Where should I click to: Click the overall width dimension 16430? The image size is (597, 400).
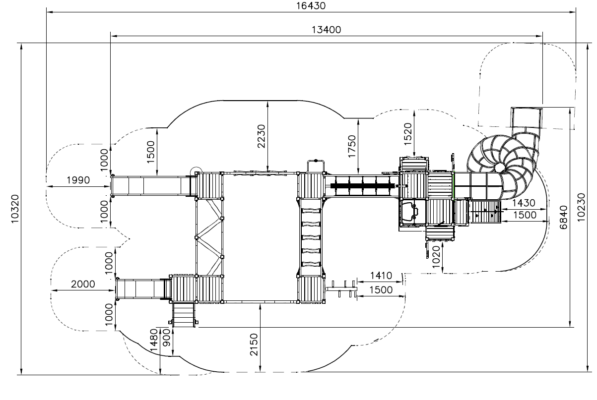tap(311, 5)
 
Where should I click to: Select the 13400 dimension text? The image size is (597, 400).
tap(326, 30)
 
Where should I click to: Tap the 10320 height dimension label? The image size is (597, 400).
tap(15, 209)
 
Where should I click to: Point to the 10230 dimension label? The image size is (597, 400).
tap(581, 207)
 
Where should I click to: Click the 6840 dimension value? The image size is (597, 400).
tap(563, 217)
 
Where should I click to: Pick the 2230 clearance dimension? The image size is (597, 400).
tap(261, 136)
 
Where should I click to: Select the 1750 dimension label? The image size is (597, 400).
tap(352, 146)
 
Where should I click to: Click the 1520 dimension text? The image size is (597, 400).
tap(408, 134)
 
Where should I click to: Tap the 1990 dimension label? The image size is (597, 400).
tap(78, 180)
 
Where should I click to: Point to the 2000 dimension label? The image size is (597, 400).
tap(83, 284)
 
